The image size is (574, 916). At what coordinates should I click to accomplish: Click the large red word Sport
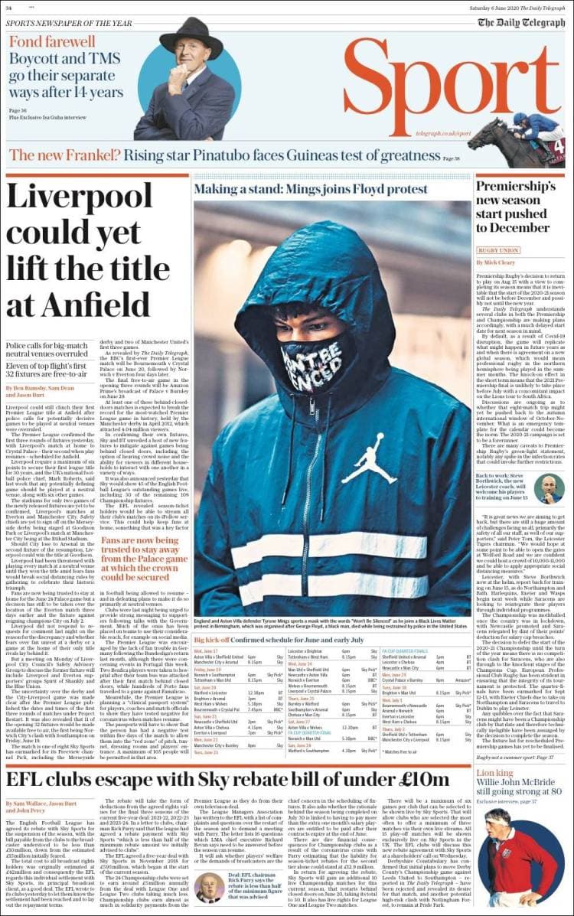[x=452, y=85]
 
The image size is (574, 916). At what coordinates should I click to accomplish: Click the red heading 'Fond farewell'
[x=52, y=41]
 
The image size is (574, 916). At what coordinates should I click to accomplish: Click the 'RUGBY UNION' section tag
[x=498, y=250]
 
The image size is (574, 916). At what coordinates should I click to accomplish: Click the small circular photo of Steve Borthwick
[x=549, y=489]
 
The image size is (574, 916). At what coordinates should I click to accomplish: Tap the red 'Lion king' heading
[x=494, y=774]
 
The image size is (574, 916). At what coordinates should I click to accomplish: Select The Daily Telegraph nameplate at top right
[x=521, y=22]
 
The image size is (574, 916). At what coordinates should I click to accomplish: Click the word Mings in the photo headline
[x=316, y=188]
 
